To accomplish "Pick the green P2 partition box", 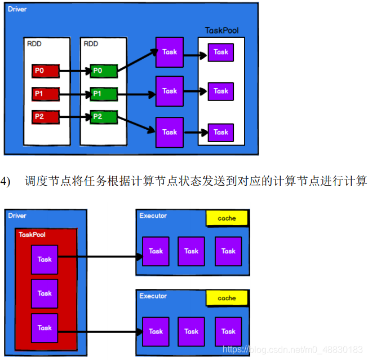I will coord(104,117).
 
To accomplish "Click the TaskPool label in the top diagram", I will coord(220,30).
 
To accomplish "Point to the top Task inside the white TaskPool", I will coord(221,52).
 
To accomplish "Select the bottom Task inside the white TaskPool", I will coord(221,133).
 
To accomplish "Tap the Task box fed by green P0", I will coord(169,52).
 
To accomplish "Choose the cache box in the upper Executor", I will coord(227,218).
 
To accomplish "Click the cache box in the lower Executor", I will coord(227,298).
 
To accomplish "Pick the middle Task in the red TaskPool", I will coord(45,293).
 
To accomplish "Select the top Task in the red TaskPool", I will coord(45,260).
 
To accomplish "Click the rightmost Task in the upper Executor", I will coord(228,252).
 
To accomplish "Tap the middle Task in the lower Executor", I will coord(191,332).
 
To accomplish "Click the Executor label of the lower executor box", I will coord(153,296).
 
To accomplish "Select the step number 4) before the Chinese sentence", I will coord(6,181).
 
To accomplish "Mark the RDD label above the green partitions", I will coord(90,43).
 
